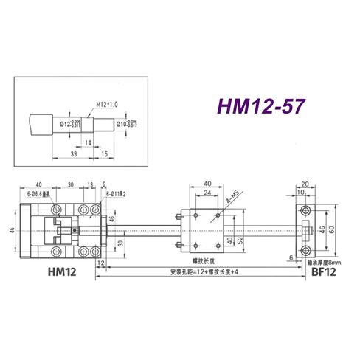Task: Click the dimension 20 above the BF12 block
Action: coord(304,185)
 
